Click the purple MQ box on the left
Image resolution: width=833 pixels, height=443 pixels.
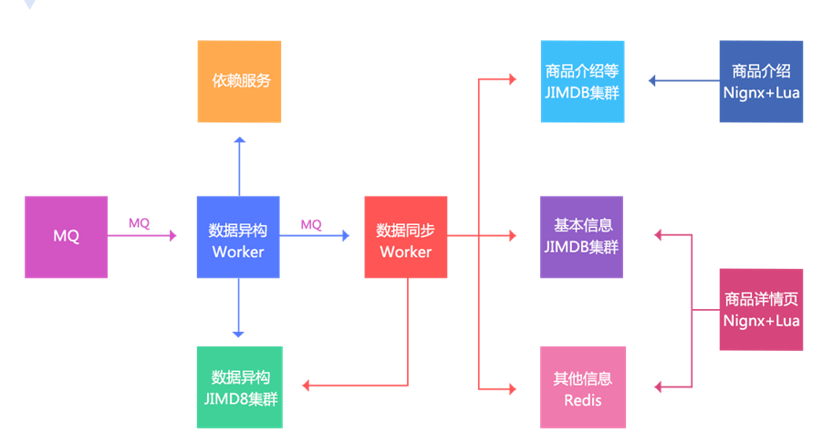pyautogui.click(x=66, y=236)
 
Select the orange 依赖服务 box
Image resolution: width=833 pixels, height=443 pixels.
pyautogui.click(x=240, y=81)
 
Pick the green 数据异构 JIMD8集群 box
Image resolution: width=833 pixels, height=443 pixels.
pyautogui.click(x=240, y=386)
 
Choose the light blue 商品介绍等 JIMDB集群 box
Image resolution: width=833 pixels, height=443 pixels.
pyautogui.click(x=582, y=81)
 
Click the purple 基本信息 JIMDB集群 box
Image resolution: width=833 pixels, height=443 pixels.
pyautogui.click(x=582, y=237)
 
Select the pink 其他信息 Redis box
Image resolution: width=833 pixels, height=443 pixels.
pyautogui.click(x=582, y=386)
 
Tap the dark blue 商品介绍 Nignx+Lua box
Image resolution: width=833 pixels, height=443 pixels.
pyautogui.click(x=761, y=81)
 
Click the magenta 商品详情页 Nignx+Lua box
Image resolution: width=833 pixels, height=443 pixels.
pyautogui.click(x=761, y=309)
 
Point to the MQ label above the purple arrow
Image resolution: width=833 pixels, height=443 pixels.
pyautogui.click(x=139, y=222)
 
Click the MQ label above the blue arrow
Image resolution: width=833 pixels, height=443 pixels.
pyautogui.click(x=311, y=223)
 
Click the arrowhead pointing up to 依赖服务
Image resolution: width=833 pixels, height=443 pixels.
pyautogui.click(x=239, y=140)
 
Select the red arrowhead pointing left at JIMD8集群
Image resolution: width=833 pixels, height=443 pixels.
pyautogui.click(x=307, y=386)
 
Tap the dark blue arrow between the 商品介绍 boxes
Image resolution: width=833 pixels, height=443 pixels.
pyautogui.click(x=684, y=81)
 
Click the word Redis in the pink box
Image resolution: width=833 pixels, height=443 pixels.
pyautogui.click(x=582, y=399)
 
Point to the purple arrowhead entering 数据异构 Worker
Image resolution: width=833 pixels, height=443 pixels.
pyautogui.click(x=172, y=236)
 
